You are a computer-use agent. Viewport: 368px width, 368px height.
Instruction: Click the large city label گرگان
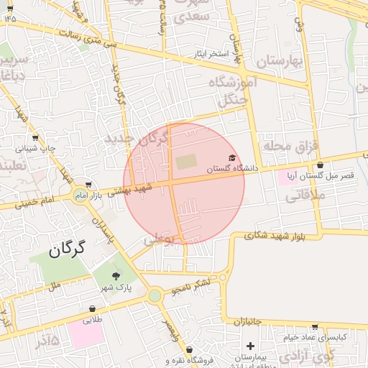point(68,250)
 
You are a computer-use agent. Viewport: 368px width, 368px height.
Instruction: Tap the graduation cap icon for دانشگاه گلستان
point(231,158)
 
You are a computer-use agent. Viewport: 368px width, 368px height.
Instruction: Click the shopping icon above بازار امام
point(88,185)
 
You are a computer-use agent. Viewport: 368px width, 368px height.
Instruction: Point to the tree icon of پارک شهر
point(116,276)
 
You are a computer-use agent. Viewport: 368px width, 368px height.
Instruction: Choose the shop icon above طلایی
point(92,309)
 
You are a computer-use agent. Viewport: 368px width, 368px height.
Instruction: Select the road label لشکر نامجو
point(190,287)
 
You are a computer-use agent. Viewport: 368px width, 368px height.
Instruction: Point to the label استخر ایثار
point(210,54)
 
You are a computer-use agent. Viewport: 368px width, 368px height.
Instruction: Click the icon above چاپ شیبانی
point(35,137)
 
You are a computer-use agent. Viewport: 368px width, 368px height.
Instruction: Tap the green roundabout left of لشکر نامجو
point(155,295)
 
